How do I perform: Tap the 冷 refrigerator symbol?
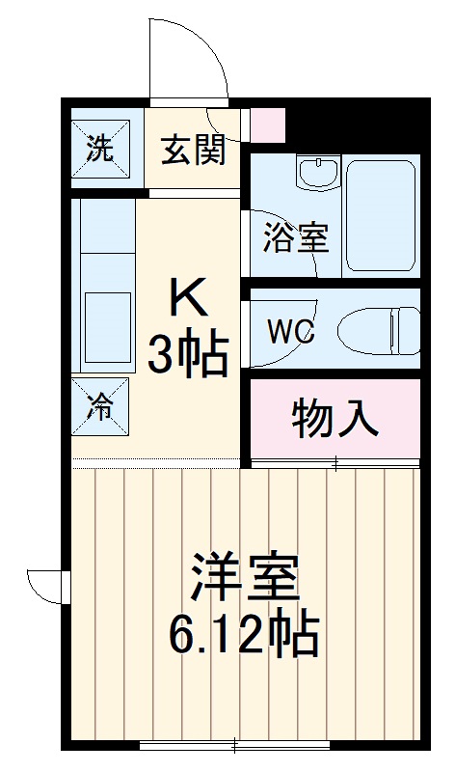point(99,406)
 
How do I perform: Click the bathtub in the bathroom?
point(382,214)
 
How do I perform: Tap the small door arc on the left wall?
point(43,585)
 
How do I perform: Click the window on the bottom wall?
point(236,746)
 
